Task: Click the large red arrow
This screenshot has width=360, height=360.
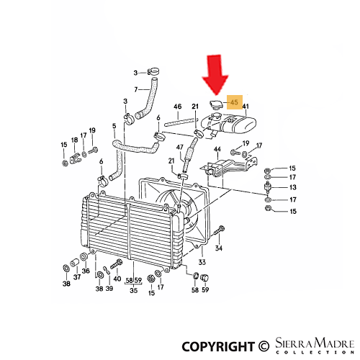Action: (x=215, y=76)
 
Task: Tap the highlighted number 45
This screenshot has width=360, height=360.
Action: (x=234, y=102)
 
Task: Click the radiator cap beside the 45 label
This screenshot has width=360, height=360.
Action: (x=216, y=105)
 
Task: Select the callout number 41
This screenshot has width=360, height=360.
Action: (x=246, y=107)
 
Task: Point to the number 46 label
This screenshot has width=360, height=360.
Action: (x=177, y=107)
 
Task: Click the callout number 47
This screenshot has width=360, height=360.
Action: (x=179, y=147)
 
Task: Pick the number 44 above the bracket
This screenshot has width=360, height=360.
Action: (x=217, y=149)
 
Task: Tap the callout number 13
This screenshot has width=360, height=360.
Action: (x=293, y=187)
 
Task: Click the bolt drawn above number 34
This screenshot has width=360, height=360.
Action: (x=218, y=231)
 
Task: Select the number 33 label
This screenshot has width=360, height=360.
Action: (x=202, y=262)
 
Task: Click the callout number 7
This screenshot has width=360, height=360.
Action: (x=136, y=89)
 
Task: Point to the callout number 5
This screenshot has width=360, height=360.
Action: (x=114, y=126)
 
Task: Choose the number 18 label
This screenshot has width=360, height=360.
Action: (x=74, y=140)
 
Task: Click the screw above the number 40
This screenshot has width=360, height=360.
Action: (x=117, y=264)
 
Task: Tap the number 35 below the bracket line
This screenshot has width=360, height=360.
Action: (x=134, y=290)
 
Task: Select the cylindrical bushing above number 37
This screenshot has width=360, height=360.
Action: (x=74, y=263)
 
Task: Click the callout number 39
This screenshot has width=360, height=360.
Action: (x=109, y=288)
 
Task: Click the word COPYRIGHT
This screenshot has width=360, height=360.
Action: (x=217, y=346)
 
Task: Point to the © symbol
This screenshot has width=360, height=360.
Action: (x=264, y=346)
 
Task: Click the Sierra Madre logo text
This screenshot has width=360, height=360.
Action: (x=315, y=346)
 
